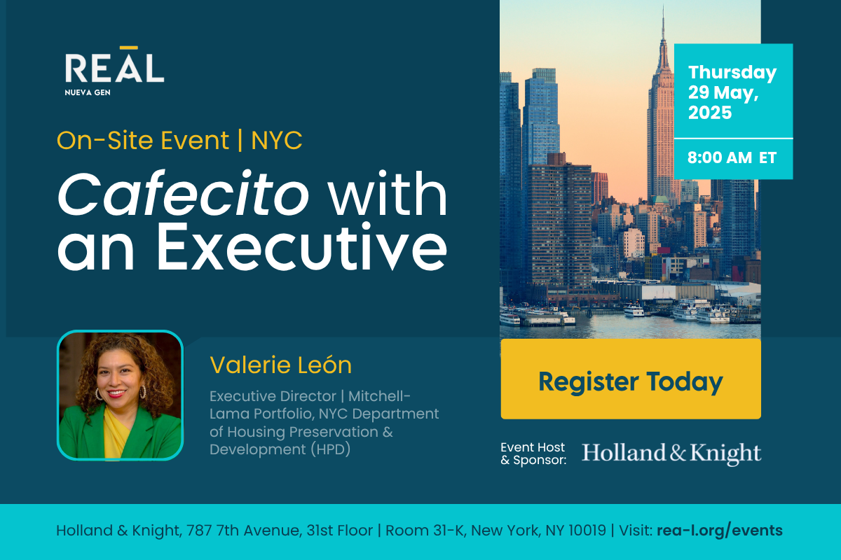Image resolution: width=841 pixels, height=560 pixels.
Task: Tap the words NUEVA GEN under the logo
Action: [x=88, y=92]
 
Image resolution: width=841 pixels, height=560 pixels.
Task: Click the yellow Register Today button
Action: [x=631, y=379]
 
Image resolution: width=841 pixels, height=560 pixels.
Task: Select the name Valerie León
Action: [x=280, y=365]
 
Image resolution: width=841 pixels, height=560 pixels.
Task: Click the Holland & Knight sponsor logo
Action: [x=671, y=453]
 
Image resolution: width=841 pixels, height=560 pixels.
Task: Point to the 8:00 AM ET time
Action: [x=732, y=157]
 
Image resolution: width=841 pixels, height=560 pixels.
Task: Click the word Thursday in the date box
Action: [x=732, y=72]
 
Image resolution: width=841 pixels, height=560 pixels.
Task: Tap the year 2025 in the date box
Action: [x=710, y=113]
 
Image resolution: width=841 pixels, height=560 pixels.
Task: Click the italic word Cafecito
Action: [x=183, y=194]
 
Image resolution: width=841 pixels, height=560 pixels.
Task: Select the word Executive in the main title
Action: [x=302, y=246]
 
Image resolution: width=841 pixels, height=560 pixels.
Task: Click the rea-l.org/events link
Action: [x=719, y=531]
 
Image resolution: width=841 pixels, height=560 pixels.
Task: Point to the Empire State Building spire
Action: [x=664, y=22]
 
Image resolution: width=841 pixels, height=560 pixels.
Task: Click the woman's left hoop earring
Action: [x=143, y=391]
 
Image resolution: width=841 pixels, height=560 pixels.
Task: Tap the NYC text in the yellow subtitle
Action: [x=277, y=141]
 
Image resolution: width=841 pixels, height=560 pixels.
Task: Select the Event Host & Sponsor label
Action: [x=533, y=454]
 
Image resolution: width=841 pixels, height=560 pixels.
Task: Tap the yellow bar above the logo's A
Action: [x=129, y=48]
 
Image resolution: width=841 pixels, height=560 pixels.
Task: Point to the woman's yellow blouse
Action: [x=114, y=432]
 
